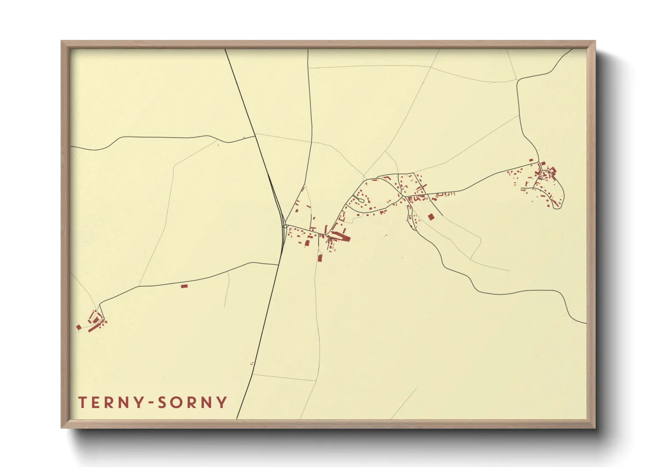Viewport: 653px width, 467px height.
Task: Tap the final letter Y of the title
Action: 222,403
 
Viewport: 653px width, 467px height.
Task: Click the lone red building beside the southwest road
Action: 184,286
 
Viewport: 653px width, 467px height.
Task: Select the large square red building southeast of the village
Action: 431,217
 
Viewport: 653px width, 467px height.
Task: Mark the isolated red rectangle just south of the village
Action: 320,257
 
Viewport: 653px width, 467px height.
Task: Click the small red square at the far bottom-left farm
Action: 79,327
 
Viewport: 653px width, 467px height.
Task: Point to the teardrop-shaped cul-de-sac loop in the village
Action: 360,200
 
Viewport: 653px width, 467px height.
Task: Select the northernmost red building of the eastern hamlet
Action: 531,160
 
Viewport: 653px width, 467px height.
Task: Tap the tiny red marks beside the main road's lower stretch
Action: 252,363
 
